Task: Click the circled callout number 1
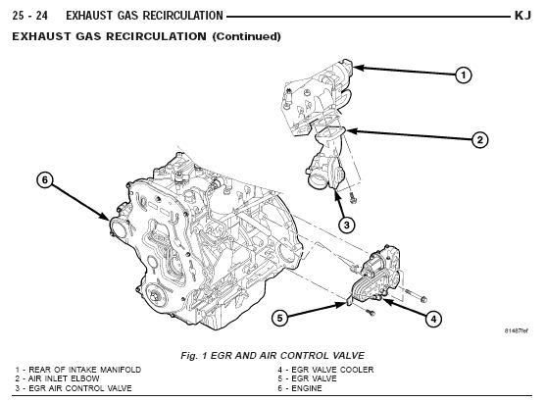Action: (463, 75)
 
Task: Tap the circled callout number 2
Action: (479, 140)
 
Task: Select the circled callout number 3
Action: (347, 225)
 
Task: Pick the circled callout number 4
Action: (433, 319)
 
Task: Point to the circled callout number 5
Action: (279, 318)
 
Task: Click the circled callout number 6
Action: (45, 180)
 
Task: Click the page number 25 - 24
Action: (29, 16)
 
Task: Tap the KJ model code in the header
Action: (522, 16)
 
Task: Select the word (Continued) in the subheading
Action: (246, 36)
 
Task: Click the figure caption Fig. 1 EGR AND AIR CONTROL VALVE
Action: (272, 355)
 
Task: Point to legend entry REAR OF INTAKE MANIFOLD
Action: (78, 370)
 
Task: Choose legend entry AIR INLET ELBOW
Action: (58, 378)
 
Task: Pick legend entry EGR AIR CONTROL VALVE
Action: (74, 388)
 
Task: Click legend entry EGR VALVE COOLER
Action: (325, 370)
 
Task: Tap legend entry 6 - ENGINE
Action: (300, 388)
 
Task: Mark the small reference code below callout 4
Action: (517, 330)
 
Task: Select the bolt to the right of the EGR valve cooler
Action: (415, 295)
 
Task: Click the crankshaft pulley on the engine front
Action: (156, 296)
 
